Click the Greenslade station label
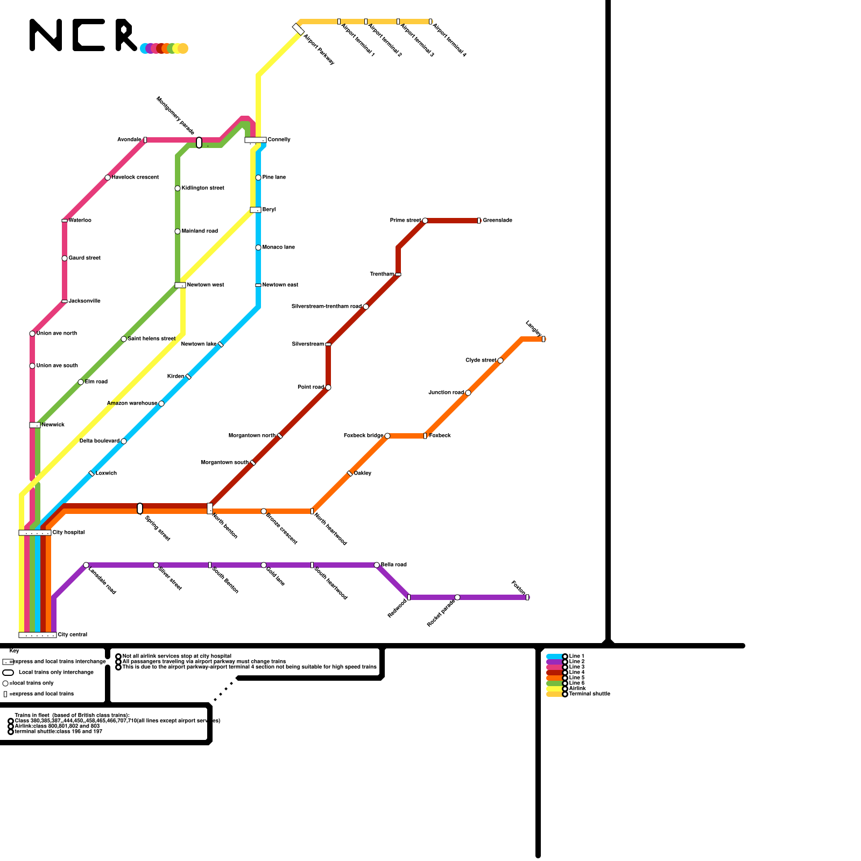pos(497,220)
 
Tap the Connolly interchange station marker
pos(255,140)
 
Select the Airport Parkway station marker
pos(298,29)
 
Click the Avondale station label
pos(129,139)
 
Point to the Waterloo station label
pos(80,220)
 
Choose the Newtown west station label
pos(206,285)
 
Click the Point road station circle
pos(328,387)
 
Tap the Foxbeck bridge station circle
pos(387,436)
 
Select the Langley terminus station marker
pos(544,339)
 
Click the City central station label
pos(73,634)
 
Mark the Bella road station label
pos(394,564)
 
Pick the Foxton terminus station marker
pos(527,597)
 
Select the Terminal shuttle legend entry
pos(589,694)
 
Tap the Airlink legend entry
pos(577,688)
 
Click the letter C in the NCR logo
pos(89,36)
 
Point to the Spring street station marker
pos(140,509)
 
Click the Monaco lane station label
pos(279,247)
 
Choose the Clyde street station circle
pos(500,361)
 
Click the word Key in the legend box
pos(14,651)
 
